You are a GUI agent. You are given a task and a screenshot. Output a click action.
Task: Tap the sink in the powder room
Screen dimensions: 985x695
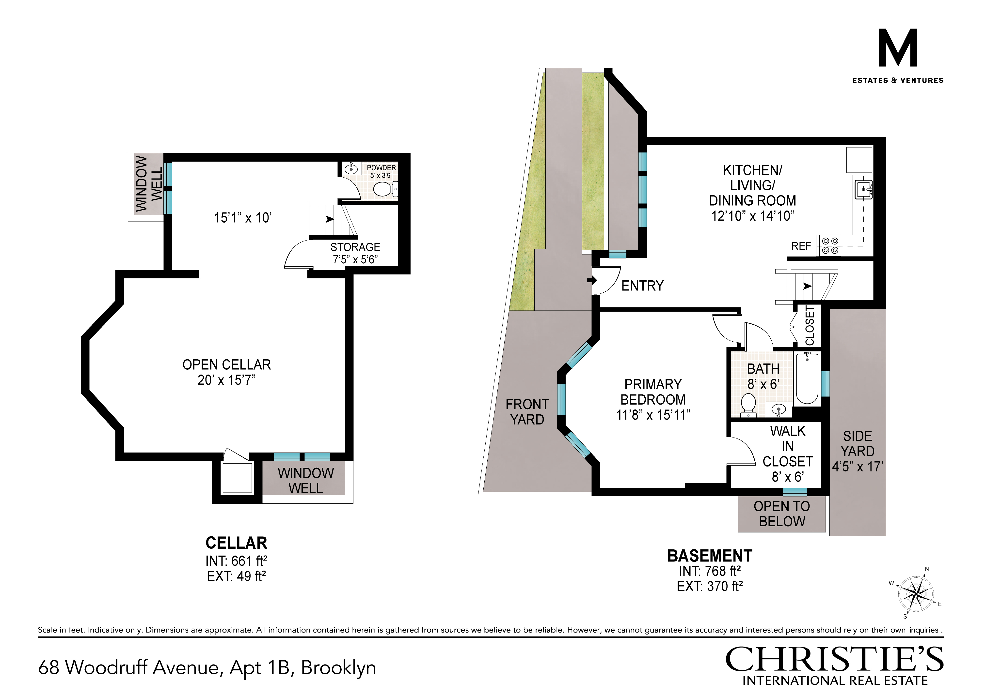pos(351,168)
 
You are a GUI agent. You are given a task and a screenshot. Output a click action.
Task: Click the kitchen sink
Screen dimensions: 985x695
pos(864,189)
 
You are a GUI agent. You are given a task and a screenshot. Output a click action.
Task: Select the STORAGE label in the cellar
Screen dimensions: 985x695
pos(355,247)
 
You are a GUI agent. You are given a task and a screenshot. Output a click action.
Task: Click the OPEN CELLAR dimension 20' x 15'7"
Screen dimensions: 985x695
pos(226,380)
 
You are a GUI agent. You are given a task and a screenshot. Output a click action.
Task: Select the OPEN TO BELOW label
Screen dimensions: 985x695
pos(782,514)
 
